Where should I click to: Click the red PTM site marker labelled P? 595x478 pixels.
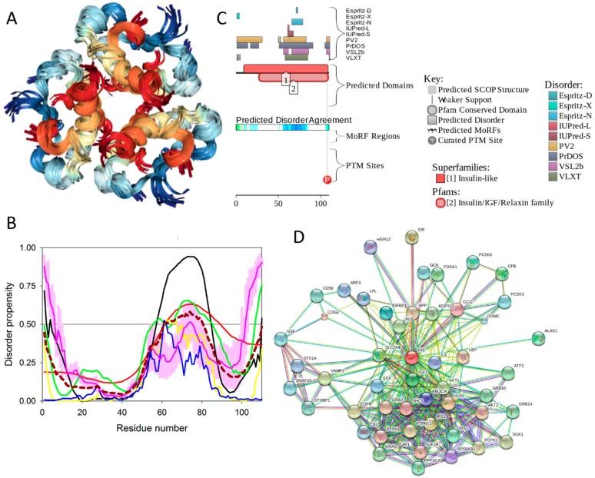[x=327, y=179]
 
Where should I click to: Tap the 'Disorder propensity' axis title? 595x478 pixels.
[x=10, y=324]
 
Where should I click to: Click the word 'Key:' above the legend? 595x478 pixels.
[x=434, y=79]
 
